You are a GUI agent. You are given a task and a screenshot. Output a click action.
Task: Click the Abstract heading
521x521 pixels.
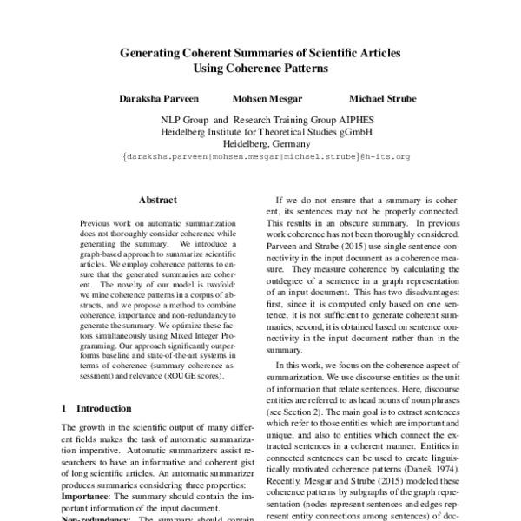(158, 199)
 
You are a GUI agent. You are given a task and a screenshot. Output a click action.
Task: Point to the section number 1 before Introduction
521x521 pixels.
(65, 407)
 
